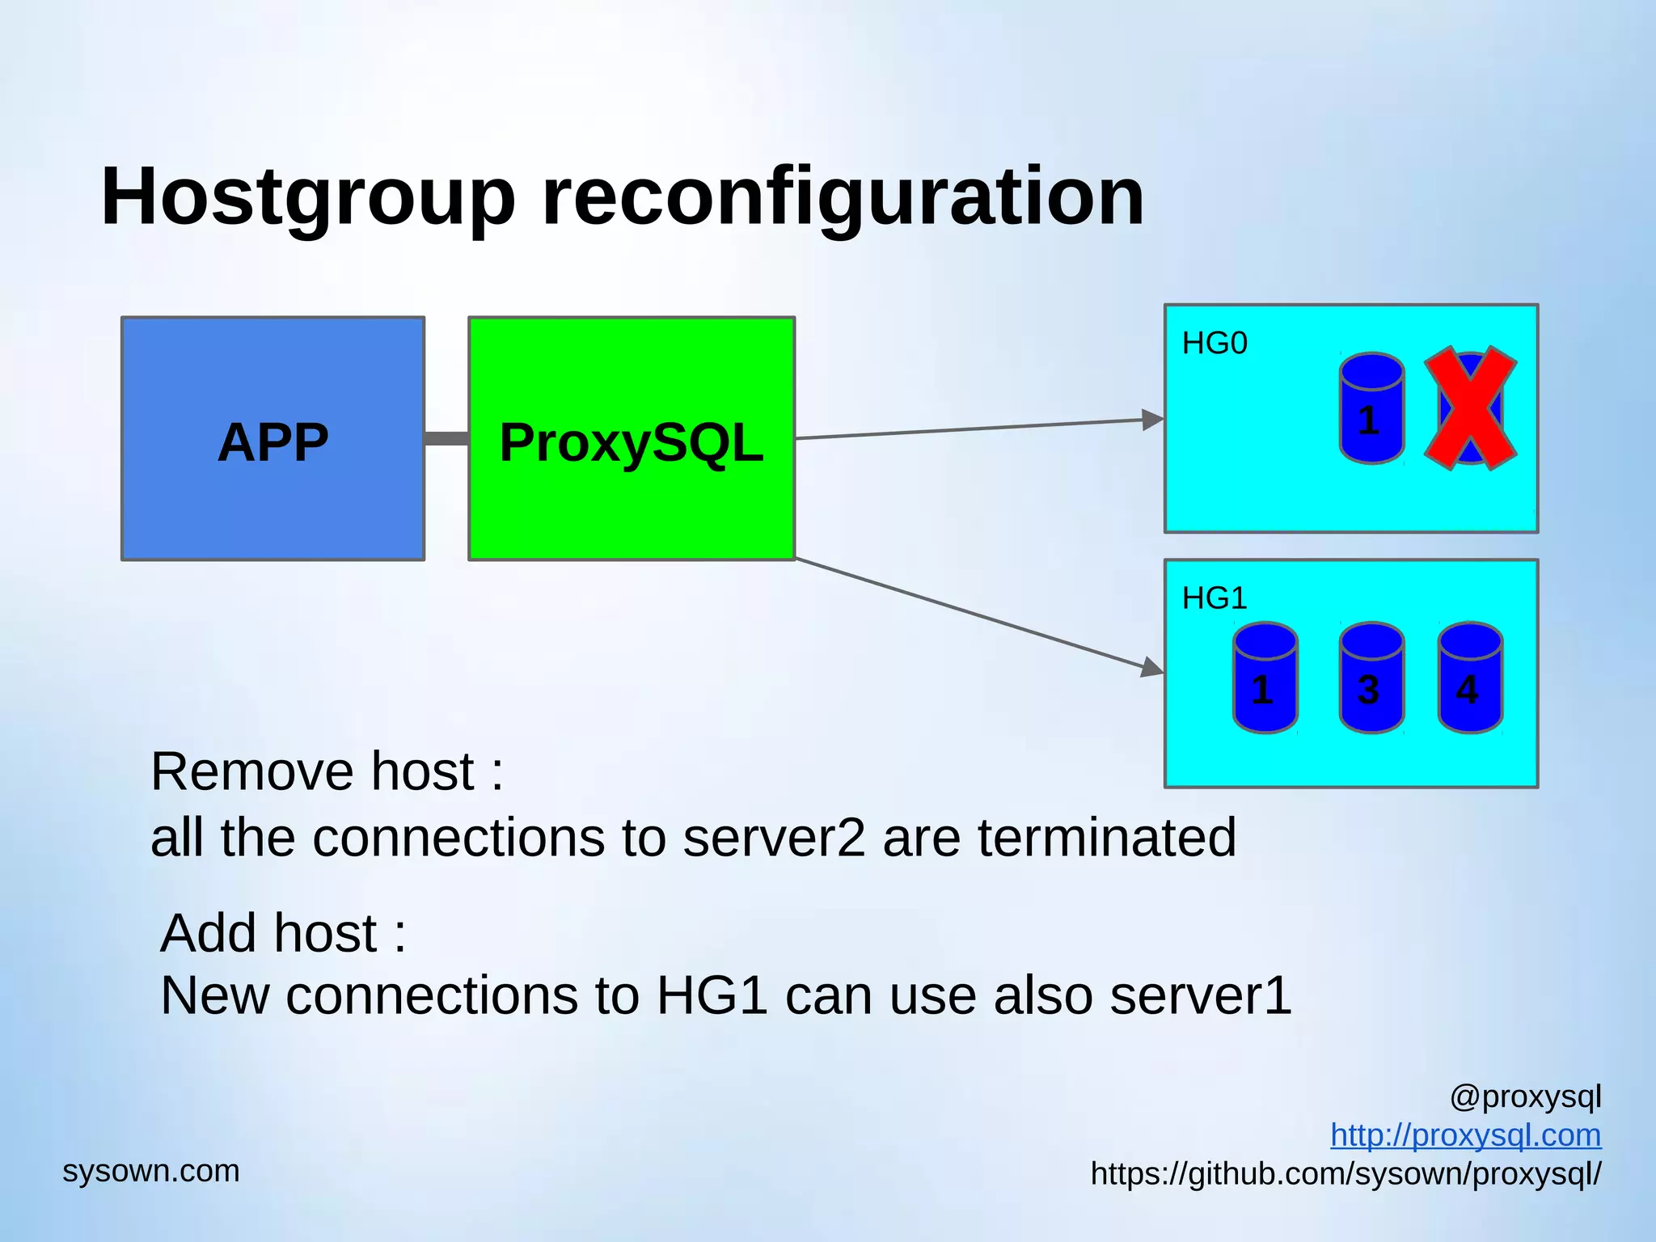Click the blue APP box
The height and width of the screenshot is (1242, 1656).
coord(272,438)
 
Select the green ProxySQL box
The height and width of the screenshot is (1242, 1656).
coord(632,438)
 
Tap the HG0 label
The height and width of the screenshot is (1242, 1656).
coord(1215,344)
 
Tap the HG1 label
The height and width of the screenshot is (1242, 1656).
coord(1215,598)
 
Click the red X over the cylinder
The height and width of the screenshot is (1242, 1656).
coord(1470,408)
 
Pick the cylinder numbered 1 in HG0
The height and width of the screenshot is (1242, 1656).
coord(1371,408)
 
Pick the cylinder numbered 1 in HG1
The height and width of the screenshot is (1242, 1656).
coord(1265,678)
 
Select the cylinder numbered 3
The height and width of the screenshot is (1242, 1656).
coord(1371,678)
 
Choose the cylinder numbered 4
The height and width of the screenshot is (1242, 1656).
coord(1470,678)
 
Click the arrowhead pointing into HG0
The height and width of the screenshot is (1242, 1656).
coord(1153,420)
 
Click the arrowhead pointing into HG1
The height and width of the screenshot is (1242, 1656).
coord(1152,668)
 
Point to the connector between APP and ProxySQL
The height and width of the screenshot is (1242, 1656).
coord(446,438)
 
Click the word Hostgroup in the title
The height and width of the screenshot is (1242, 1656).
coord(307,196)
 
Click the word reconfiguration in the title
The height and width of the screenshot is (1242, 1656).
coord(842,196)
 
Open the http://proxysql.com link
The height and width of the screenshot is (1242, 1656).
coord(1465,1135)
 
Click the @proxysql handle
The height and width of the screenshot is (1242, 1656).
coord(1525,1096)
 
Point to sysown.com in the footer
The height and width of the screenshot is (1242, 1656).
coord(151,1171)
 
